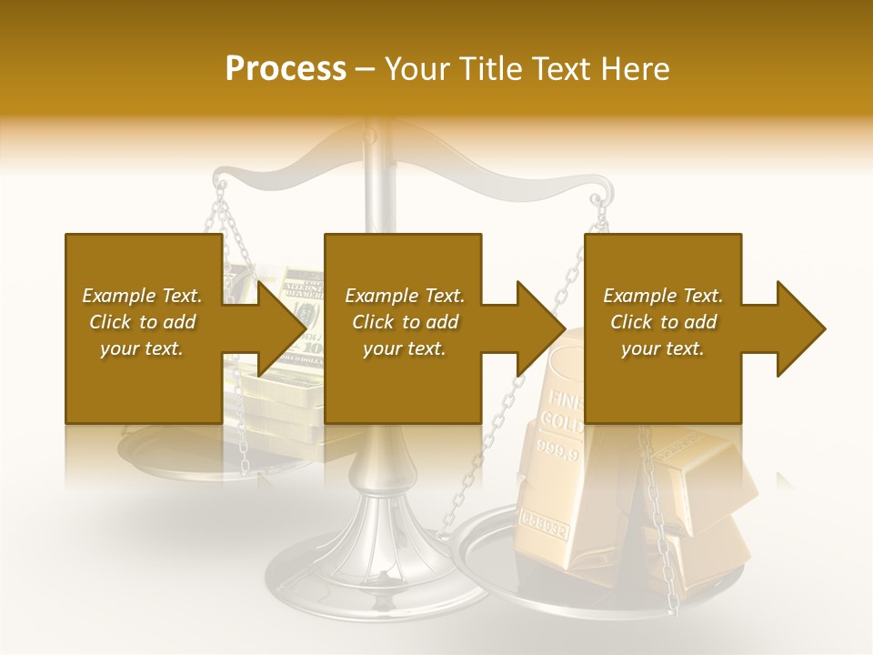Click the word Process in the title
click(x=286, y=68)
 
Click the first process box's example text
click(x=142, y=322)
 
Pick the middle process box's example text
click(x=404, y=322)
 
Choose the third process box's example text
click(x=662, y=322)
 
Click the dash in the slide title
click(x=366, y=68)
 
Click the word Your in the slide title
click(x=414, y=68)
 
